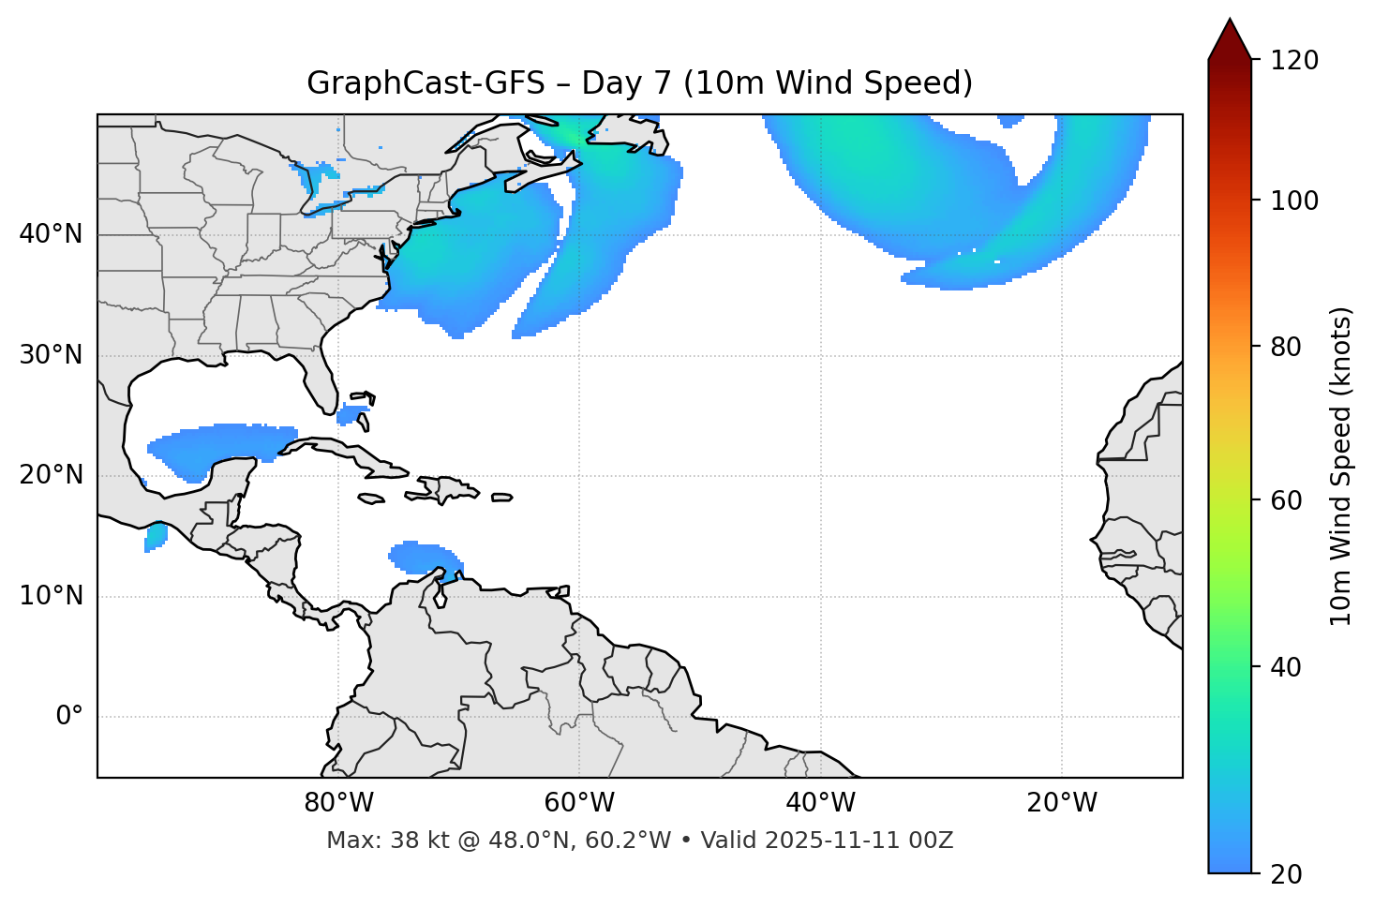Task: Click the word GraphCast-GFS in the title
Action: click(426, 83)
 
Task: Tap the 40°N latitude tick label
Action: click(51, 234)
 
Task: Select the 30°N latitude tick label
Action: click(51, 355)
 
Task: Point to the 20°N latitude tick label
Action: click(51, 475)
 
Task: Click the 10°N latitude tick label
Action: click(51, 596)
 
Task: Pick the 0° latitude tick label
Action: click(69, 717)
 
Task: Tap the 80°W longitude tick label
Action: click(338, 803)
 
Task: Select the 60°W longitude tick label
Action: click(579, 803)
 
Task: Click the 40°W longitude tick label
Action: click(820, 803)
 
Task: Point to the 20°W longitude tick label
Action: click(1062, 803)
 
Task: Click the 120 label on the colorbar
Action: click(1293, 60)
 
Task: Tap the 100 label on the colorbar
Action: click(1293, 201)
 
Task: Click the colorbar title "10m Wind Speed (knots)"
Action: click(1341, 466)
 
